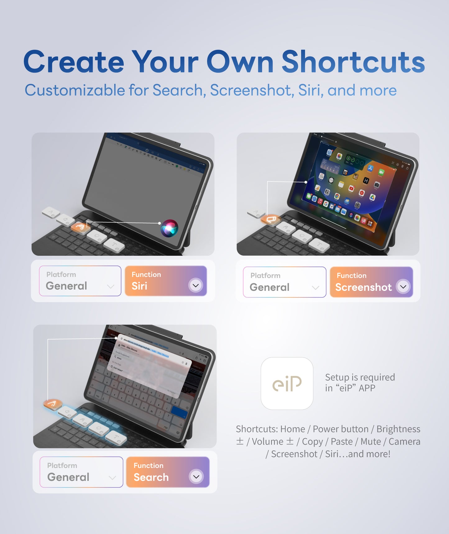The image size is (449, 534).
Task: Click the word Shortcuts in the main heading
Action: pyautogui.click(x=353, y=62)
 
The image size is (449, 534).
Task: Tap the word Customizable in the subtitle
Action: pyautogui.click(x=75, y=90)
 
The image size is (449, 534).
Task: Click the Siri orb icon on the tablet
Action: pyautogui.click(x=169, y=228)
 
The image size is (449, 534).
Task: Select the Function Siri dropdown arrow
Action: pyautogui.click(x=196, y=285)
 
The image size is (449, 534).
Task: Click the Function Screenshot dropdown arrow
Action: pyautogui.click(x=403, y=287)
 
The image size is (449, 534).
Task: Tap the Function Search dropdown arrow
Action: pyautogui.click(x=196, y=476)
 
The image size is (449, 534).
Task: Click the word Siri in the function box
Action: pyautogui.click(x=139, y=286)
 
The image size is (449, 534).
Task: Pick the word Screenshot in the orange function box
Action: pyautogui.click(x=363, y=287)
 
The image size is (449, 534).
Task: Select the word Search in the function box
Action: pyautogui.click(x=151, y=477)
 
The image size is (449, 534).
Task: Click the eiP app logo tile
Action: pyautogui.click(x=287, y=383)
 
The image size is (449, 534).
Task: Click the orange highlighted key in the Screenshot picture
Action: pyautogui.click(x=271, y=220)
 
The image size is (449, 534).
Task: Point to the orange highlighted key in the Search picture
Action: pyautogui.click(x=53, y=404)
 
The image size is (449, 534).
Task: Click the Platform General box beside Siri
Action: pyautogui.click(x=80, y=281)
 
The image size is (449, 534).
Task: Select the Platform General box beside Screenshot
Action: pyautogui.click(x=284, y=282)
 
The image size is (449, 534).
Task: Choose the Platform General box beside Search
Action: pyautogui.click(x=81, y=472)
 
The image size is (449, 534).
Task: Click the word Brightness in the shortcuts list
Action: pyautogui.click(x=398, y=429)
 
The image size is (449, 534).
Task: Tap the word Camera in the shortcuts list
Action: pyautogui.click(x=404, y=441)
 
